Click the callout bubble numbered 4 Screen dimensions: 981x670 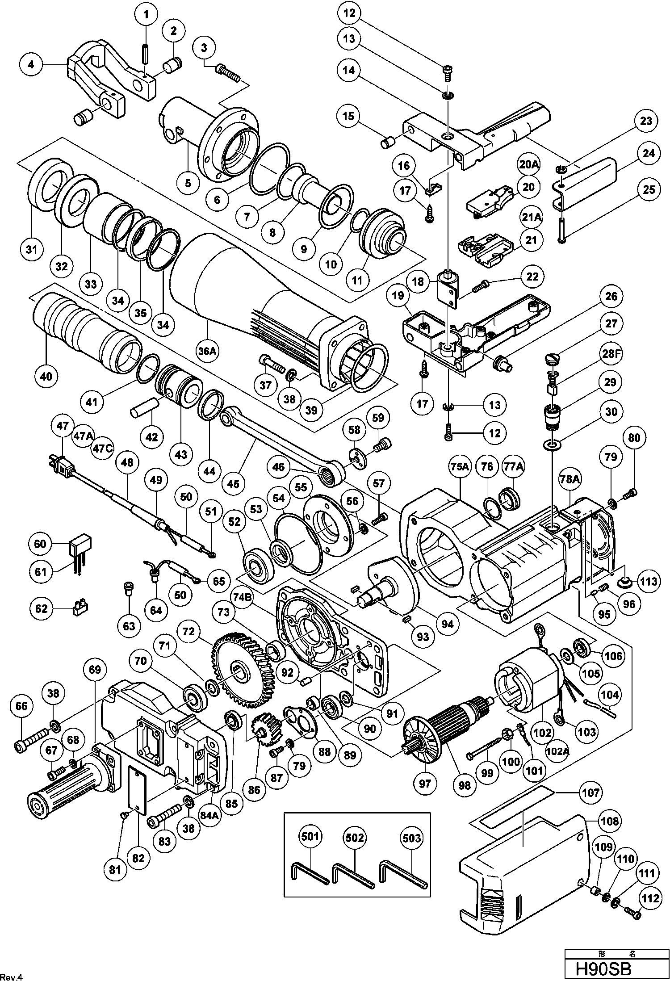(31, 64)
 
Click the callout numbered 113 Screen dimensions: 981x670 (649, 581)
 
